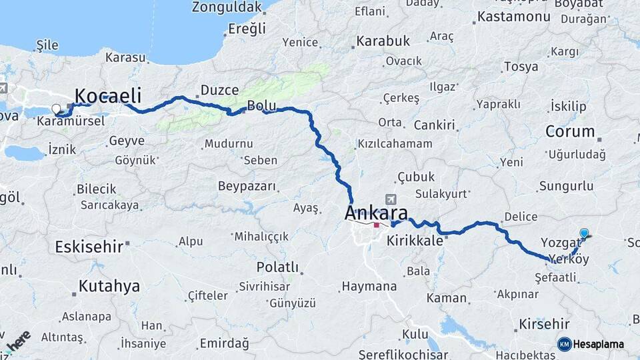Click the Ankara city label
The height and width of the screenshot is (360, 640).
(x=376, y=213)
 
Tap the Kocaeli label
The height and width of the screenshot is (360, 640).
(x=108, y=95)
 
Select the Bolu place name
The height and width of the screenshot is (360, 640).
(x=261, y=105)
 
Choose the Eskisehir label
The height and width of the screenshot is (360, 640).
(x=89, y=247)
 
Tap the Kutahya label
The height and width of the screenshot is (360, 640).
(x=109, y=287)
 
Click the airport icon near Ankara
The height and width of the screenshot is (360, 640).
(x=391, y=199)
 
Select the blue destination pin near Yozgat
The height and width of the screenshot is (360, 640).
(x=584, y=233)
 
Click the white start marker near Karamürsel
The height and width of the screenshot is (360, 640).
(x=56, y=108)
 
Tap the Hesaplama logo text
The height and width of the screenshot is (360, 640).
(x=599, y=344)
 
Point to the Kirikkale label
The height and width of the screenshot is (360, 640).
(x=415, y=241)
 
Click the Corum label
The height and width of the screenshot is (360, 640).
(x=570, y=131)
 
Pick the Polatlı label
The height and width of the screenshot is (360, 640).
(x=277, y=267)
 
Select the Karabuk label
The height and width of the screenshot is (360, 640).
(x=383, y=41)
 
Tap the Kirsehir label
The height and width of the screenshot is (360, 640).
(x=545, y=323)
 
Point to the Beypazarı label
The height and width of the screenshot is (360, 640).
(x=247, y=186)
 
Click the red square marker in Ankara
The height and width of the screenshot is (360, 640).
(x=377, y=225)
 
